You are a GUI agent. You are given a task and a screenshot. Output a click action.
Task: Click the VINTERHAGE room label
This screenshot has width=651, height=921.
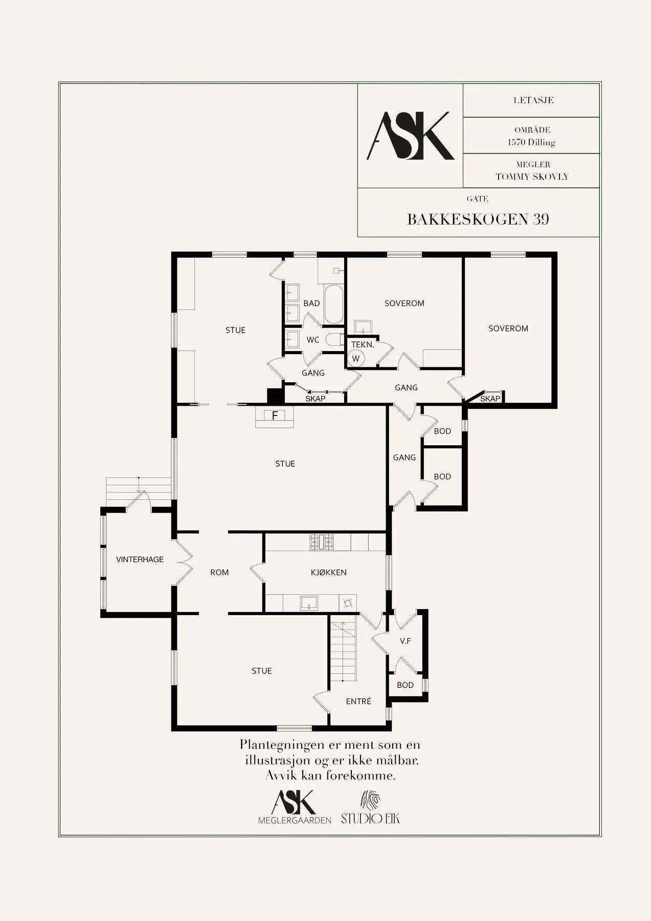tap(140, 559)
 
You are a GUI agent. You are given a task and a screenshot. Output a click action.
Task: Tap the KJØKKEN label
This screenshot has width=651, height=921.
tap(329, 572)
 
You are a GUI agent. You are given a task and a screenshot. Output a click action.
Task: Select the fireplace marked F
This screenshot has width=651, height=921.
tap(275, 416)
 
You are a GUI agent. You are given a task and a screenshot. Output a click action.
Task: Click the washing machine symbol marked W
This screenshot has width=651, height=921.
tap(356, 359)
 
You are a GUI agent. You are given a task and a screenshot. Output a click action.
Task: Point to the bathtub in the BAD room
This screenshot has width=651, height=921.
tap(334, 305)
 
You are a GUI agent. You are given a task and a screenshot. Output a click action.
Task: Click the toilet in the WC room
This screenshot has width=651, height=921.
tap(335, 339)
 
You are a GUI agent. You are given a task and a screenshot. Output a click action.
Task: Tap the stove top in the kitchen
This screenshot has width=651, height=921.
tap(322, 542)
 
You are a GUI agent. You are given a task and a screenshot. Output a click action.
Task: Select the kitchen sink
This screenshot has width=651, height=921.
tap(309, 603)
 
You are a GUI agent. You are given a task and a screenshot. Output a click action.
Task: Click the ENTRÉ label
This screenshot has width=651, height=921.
tap(358, 701)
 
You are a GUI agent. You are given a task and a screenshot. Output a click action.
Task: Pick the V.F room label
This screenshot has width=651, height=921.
tap(406, 640)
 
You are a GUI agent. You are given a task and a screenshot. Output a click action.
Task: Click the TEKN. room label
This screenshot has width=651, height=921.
tap(363, 344)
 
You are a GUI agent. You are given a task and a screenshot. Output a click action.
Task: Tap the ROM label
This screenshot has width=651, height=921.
tap(219, 572)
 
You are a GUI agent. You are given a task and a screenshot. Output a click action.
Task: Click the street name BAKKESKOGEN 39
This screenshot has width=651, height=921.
tap(478, 219)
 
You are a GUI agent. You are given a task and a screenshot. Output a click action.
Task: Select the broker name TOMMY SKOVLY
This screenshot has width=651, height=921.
tap(532, 177)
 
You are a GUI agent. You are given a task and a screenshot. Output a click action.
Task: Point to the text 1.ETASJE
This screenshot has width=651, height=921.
tap(533, 100)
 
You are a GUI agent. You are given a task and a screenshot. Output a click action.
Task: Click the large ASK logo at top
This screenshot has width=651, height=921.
tap(411, 136)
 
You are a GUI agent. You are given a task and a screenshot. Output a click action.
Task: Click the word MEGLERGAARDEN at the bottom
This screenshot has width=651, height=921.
tap(295, 820)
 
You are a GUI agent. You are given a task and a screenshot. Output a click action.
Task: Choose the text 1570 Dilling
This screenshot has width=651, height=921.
tap(531, 142)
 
